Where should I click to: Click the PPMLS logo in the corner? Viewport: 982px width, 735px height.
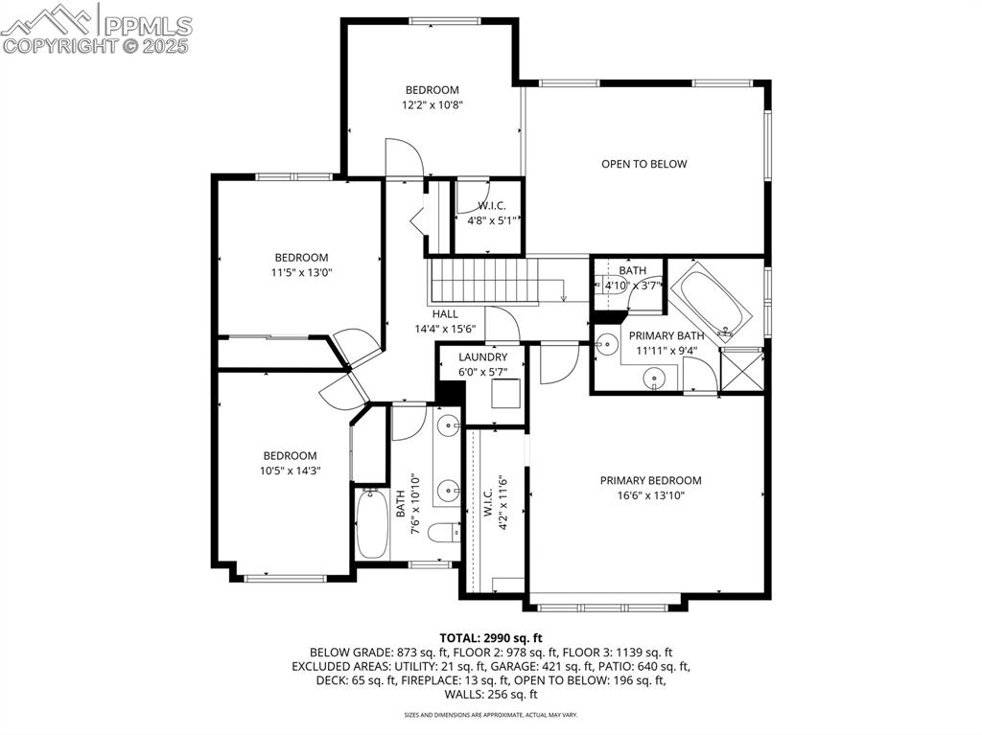[96, 29]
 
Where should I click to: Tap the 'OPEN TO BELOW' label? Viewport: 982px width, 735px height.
[643, 164]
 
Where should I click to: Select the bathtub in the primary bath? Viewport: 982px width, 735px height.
[712, 302]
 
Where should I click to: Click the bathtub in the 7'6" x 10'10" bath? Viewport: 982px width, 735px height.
[371, 523]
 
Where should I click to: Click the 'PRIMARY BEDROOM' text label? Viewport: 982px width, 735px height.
[650, 481]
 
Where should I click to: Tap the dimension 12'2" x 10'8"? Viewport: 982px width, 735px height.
[432, 105]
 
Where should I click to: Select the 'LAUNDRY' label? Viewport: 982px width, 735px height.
[482, 357]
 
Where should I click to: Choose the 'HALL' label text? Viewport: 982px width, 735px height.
[445, 314]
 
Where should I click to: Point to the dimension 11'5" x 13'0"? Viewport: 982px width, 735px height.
[301, 272]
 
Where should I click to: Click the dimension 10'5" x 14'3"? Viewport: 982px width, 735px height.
[290, 471]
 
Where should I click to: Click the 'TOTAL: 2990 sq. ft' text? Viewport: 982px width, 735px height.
[491, 637]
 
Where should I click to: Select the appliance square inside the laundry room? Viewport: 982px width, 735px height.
[505, 393]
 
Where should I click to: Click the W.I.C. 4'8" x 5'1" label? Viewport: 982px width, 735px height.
[492, 213]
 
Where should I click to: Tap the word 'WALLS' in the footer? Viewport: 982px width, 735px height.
[465, 695]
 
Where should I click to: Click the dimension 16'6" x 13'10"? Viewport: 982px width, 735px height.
[650, 495]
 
